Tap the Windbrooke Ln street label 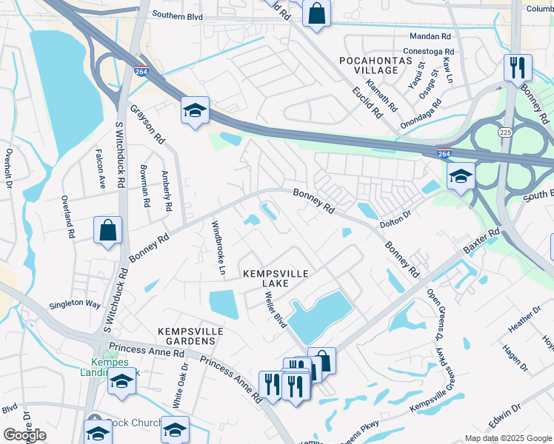(218, 247)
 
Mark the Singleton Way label (74, 304)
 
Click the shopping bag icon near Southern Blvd (316, 14)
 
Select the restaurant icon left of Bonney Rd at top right (517, 67)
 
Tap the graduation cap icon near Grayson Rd (195, 111)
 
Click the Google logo (24, 435)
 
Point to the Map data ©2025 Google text (507, 438)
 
